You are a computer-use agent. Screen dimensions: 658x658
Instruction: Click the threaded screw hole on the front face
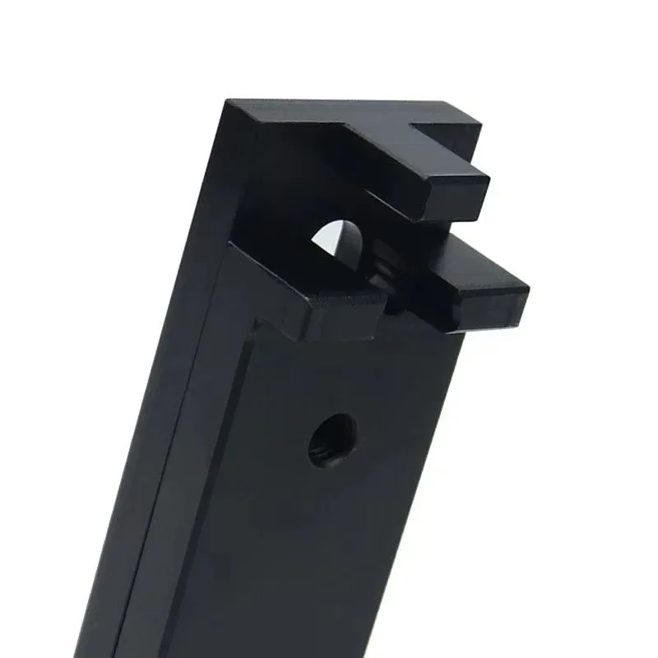[332, 439]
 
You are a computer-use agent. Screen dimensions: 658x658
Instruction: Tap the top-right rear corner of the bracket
[480, 123]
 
